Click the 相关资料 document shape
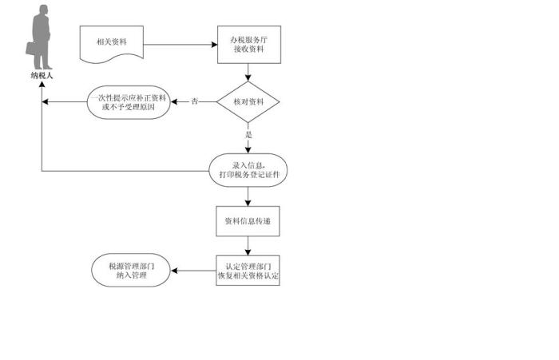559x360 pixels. (x=112, y=43)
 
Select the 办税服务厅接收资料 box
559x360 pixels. (x=249, y=45)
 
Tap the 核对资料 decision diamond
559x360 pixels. (x=248, y=102)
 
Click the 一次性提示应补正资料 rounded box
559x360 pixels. (x=129, y=102)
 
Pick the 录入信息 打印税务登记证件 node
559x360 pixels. (x=248, y=170)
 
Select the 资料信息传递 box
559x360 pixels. (x=248, y=221)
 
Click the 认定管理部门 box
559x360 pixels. (x=248, y=271)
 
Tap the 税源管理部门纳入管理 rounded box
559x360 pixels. (x=131, y=271)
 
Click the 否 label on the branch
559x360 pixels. (x=194, y=101)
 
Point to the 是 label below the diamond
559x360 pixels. (x=248, y=135)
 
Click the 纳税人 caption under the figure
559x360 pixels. (x=42, y=75)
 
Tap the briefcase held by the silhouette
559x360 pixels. (x=31, y=49)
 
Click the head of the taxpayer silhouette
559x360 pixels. (x=43, y=10)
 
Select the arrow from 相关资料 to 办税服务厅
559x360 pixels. (x=180, y=45)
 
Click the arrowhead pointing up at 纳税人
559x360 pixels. (x=42, y=84)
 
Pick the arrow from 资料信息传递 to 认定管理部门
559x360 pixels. (x=248, y=246)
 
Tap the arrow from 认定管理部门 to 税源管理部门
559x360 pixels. (x=193, y=271)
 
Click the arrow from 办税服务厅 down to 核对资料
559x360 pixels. (x=248, y=73)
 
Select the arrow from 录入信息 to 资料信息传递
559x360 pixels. (x=248, y=196)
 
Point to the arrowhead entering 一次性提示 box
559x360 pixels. (x=174, y=101)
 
